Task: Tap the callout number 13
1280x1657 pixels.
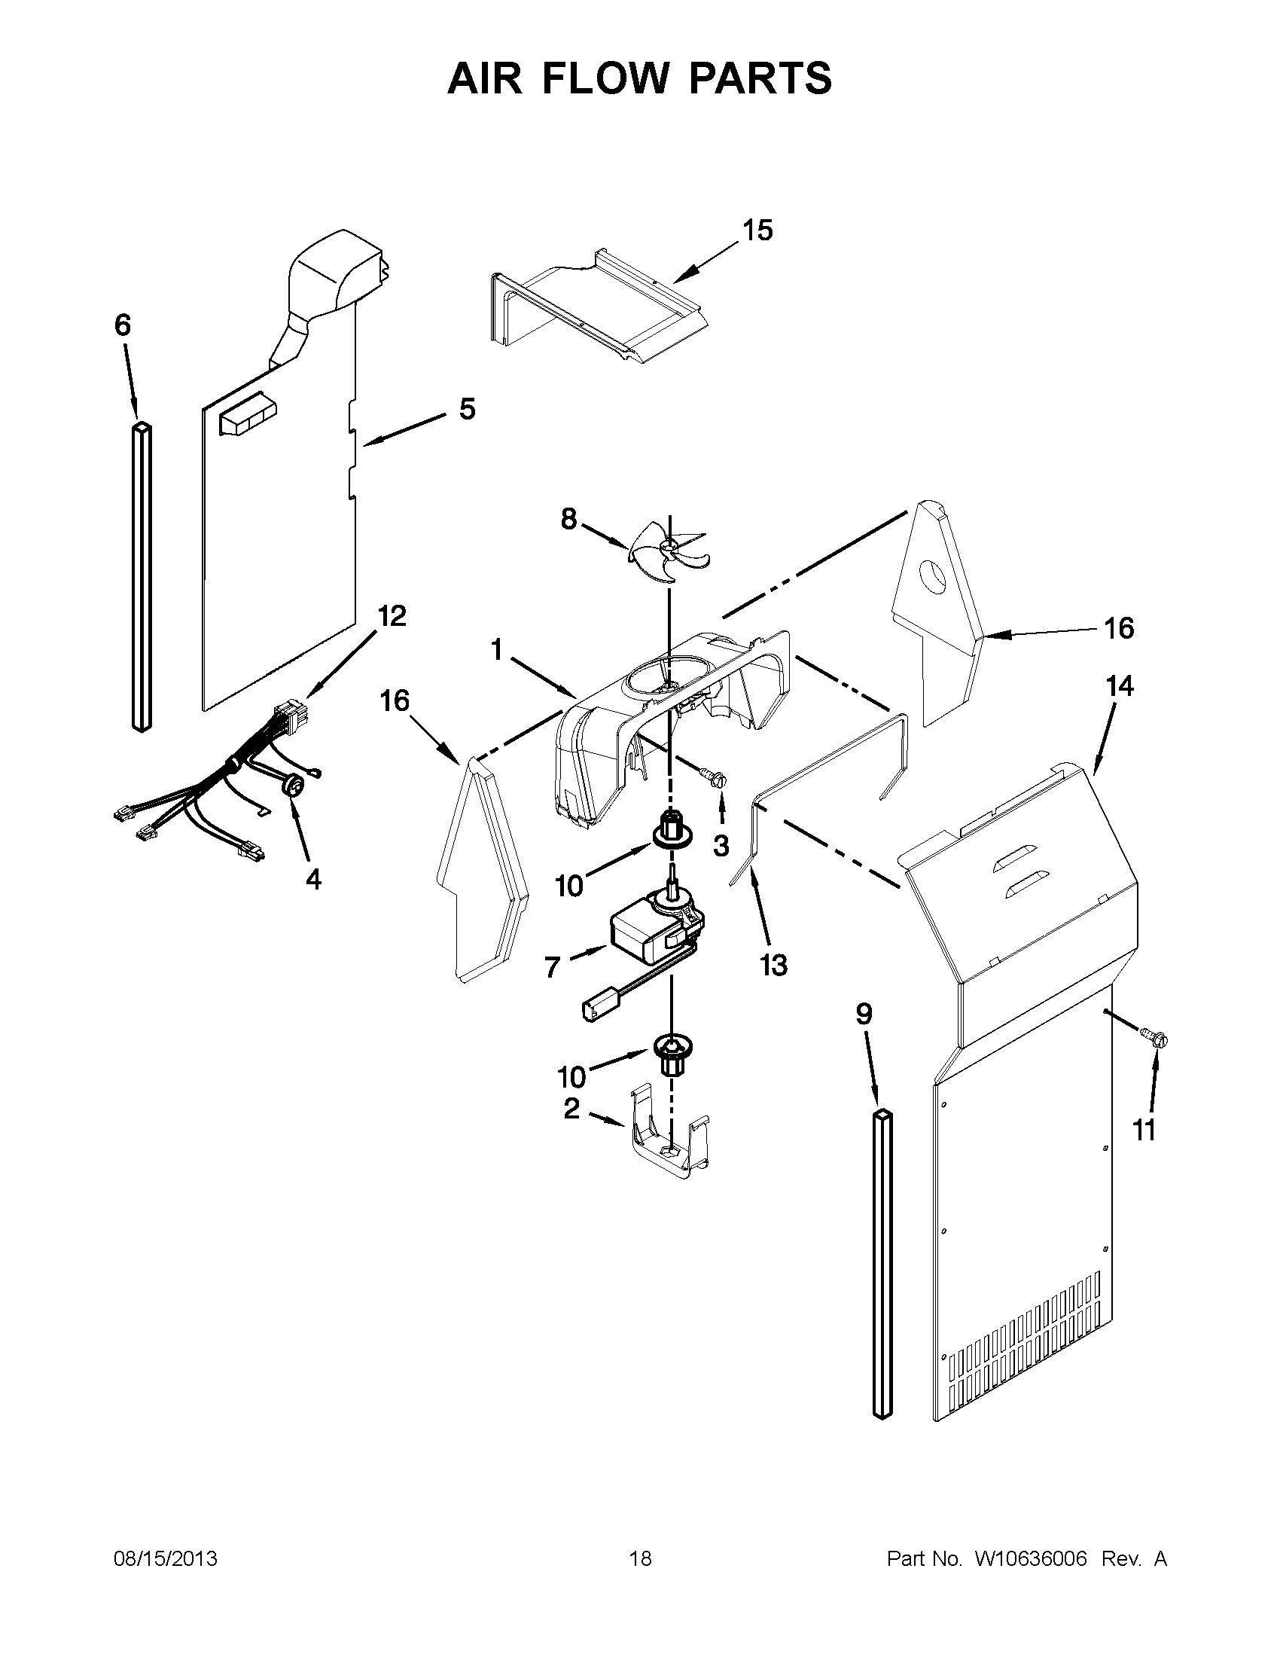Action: [x=773, y=965]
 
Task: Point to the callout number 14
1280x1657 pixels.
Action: [x=1119, y=686]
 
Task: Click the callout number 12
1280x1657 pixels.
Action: [x=392, y=615]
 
